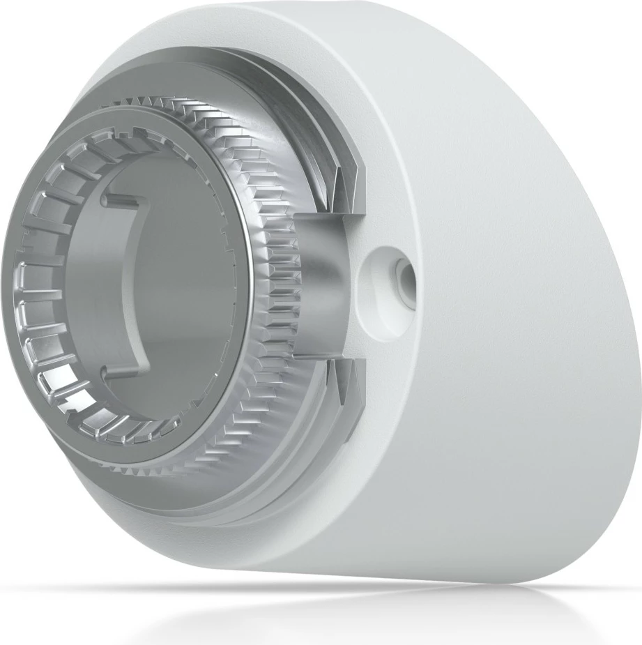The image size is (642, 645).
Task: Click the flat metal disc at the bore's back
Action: coord(188,293)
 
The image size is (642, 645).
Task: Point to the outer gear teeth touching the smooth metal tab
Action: coord(282,293)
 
